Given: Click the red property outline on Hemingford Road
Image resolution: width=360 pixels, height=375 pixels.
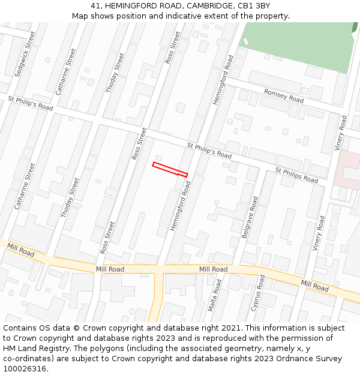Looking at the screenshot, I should (x=170, y=169).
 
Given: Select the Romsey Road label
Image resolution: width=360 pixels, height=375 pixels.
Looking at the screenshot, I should (x=284, y=95).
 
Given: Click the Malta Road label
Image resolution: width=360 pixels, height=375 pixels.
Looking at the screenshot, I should (x=215, y=294).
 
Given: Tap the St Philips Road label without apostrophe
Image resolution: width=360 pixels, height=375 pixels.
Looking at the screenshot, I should (x=296, y=175).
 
